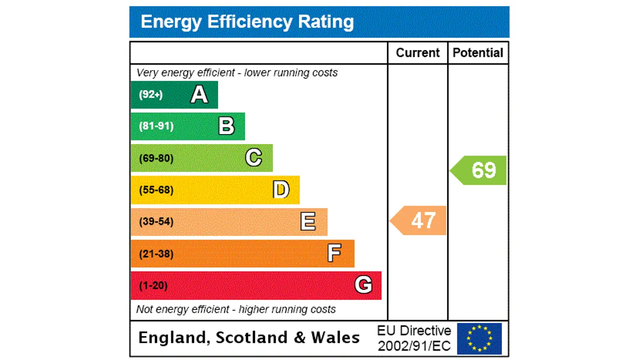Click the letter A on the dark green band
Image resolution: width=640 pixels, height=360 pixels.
[x=199, y=94]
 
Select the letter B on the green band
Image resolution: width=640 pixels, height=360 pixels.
[x=226, y=126]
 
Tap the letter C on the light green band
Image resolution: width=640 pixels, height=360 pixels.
[x=253, y=158]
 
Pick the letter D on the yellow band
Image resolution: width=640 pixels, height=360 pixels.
[x=281, y=190]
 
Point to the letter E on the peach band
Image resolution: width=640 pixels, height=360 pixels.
[x=308, y=221]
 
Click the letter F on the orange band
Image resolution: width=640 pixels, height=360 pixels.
[x=334, y=253]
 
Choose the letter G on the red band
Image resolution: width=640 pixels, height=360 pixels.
[x=363, y=285]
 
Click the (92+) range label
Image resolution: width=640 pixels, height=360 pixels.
[x=150, y=94]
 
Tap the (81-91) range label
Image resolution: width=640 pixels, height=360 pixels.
[x=156, y=126]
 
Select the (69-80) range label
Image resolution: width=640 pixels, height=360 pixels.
[x=156, y=158]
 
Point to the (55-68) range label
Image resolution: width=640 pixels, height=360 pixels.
[x=156, y=190]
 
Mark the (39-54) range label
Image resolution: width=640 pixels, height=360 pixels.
[x=156, y=221]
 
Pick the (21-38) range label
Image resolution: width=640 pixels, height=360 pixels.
[x=156, y=254]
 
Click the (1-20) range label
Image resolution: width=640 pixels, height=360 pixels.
[x=153, y=285]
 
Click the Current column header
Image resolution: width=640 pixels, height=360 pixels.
[x=417, y=53]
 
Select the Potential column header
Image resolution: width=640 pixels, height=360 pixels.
[x=478, y=53]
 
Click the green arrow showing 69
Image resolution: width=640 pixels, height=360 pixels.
[x=480, y=170]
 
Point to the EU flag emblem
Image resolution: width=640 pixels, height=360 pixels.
[x=479, y=338]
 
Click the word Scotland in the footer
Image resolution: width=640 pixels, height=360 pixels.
[x=252, y=338]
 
